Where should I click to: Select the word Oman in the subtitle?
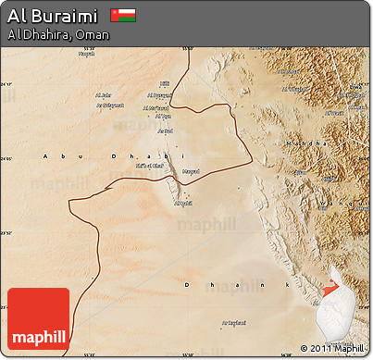pyautogui.click(x=92, y=34)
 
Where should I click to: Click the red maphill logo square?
pyautogui.click(x=38, y=318)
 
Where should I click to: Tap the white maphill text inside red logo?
pyautogui.click(x=38, y=333)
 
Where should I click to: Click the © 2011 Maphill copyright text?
pyautogui.click(x=332, y=348)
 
